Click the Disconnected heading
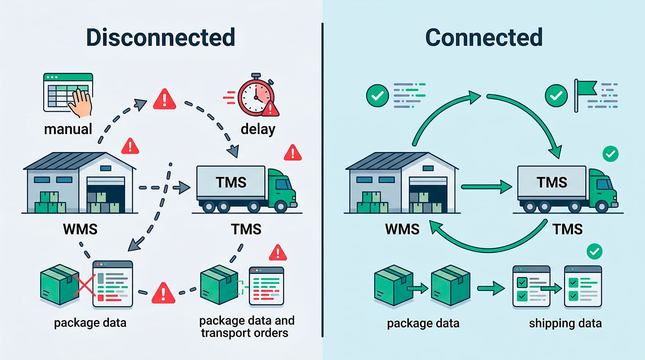point(160,37)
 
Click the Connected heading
point(484,37)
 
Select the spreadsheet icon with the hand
point(68,94)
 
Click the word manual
point(68,129)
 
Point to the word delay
point(258,129)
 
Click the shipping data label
point(565,323)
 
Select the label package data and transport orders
point(246,327)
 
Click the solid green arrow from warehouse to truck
point(486,187)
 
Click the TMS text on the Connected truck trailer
point(551,183)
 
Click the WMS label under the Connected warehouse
point(402,229)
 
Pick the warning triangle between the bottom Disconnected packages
point(163,293)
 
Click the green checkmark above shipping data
point(594,252)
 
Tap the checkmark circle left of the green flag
point(556,96)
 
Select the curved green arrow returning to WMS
point(488,244)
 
